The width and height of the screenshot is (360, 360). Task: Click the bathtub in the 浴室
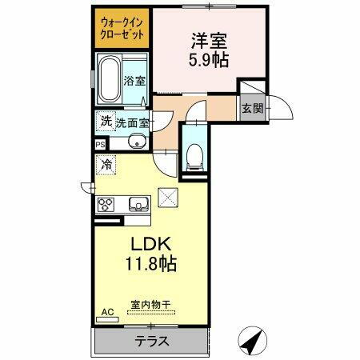(109, 81)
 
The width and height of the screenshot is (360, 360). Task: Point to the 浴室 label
(135, 81)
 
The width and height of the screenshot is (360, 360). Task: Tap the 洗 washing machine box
(106, 122)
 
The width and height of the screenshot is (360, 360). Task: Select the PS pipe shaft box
(100, 145)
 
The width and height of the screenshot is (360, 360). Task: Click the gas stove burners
(106, 204)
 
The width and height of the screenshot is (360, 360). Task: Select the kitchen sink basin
(136, 203)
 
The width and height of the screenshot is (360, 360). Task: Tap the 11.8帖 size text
(150, 262)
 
